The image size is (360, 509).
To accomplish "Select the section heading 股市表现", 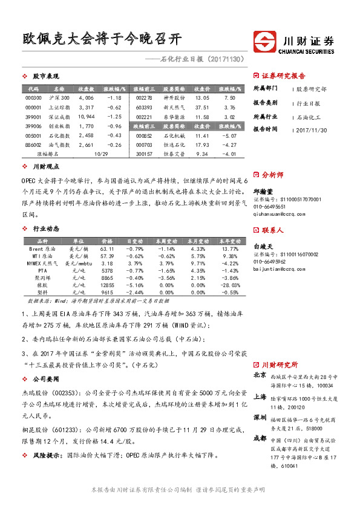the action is [45, 77].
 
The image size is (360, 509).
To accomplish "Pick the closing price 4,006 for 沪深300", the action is [87, 97].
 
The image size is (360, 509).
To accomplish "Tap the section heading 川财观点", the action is [45, 166].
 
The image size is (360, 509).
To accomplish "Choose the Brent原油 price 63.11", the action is [107, 249].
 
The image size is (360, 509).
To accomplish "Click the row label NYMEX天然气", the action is [42, 264].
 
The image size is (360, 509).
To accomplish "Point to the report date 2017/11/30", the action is [313, 129].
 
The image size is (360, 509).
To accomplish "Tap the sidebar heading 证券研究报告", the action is [284, 76].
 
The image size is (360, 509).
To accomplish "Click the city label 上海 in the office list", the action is [260, 397].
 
